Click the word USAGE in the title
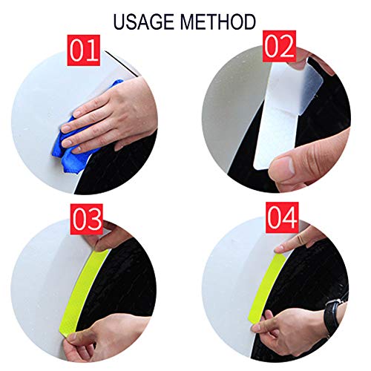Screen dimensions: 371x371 click(x=148, y=20)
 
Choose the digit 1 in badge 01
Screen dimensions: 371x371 click(x=94, y=52)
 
